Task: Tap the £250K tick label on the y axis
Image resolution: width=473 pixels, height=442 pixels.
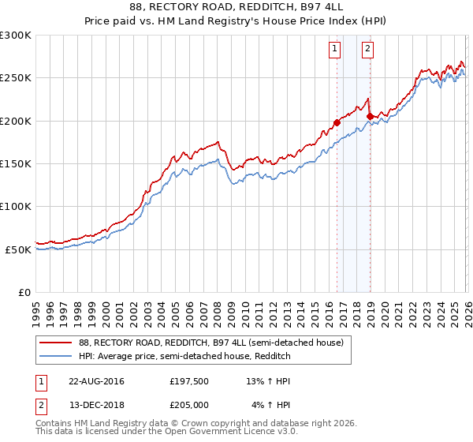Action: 16,78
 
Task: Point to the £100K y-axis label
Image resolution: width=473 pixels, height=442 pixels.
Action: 16,206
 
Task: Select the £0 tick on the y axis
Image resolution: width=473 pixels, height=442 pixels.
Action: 24,292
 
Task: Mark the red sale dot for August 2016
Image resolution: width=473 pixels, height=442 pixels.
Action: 337,122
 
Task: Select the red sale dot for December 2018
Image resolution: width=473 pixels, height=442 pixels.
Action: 369,116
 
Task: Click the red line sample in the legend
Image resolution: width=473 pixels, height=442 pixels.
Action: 57,343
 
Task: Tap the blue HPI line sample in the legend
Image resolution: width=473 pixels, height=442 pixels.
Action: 57,356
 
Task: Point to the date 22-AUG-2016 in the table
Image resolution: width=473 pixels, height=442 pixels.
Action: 96,381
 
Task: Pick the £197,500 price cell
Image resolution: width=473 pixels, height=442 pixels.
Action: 188,381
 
